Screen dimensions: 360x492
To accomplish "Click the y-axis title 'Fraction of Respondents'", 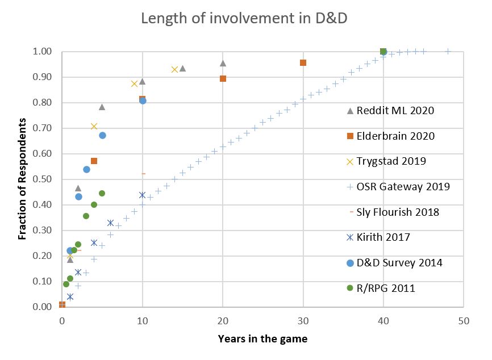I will click(22, 179).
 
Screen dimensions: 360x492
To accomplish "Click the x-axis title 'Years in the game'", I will click(262, 340).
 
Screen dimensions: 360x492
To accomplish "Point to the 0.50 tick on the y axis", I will click(44, 179).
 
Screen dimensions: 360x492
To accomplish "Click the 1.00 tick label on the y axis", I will click(44, 52).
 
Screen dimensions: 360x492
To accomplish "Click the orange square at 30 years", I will click(303, 62).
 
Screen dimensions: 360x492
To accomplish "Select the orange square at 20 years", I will click(223, 78).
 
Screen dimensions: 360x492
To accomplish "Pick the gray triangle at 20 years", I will click(223, 63).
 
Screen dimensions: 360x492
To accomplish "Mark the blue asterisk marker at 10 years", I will click(142, 195).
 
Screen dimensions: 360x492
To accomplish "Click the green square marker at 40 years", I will click(383, 52).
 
